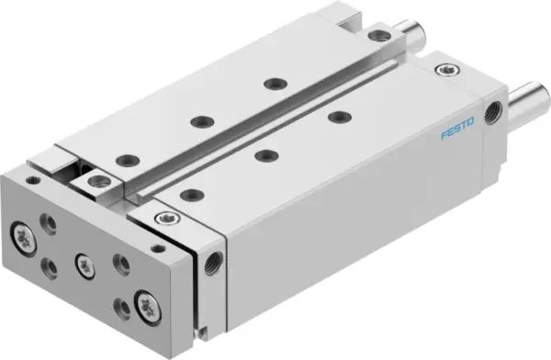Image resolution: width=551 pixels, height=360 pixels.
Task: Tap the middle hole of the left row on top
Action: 197,120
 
